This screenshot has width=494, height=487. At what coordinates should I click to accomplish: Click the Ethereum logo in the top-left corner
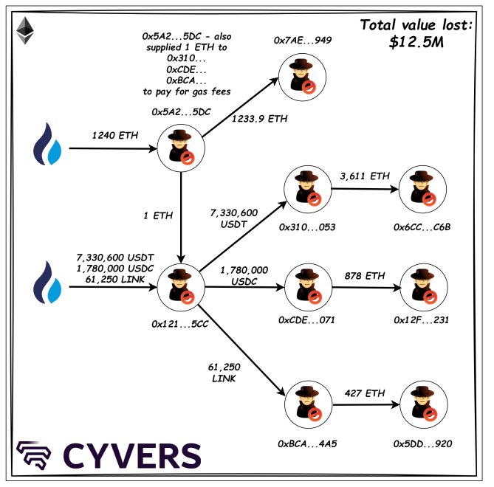coord(27,30)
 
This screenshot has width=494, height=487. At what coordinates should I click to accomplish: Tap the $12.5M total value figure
coord(415,42)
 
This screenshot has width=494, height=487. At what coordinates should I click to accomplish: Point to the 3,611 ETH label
coord(364,176)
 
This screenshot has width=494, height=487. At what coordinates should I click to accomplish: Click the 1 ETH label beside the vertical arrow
coord(157,215)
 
